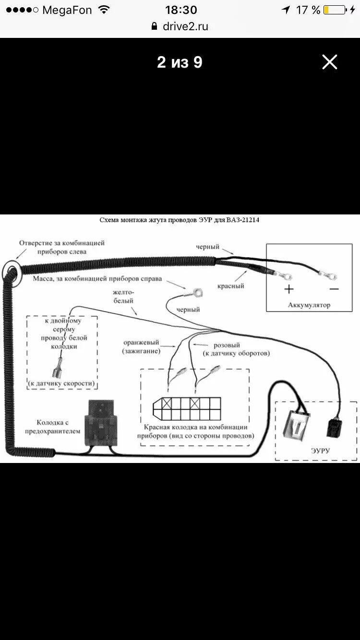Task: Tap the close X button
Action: [330, 62]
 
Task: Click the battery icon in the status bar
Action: [334, 10]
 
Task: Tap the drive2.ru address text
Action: [185, 26]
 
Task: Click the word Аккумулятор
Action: [309, 305]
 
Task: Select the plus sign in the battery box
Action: [288, 289]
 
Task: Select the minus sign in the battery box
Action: [334, 289]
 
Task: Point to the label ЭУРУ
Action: [320, 450]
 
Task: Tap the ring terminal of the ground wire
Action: [195, 291]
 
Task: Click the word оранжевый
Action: [141, 343]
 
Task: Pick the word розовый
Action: [226, 345]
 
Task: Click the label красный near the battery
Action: [230, 286]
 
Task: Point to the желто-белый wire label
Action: [123, 296]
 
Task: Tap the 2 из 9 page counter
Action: [180, 62]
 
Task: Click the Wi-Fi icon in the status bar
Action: [104, 10]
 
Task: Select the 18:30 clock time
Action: [181, 10]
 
